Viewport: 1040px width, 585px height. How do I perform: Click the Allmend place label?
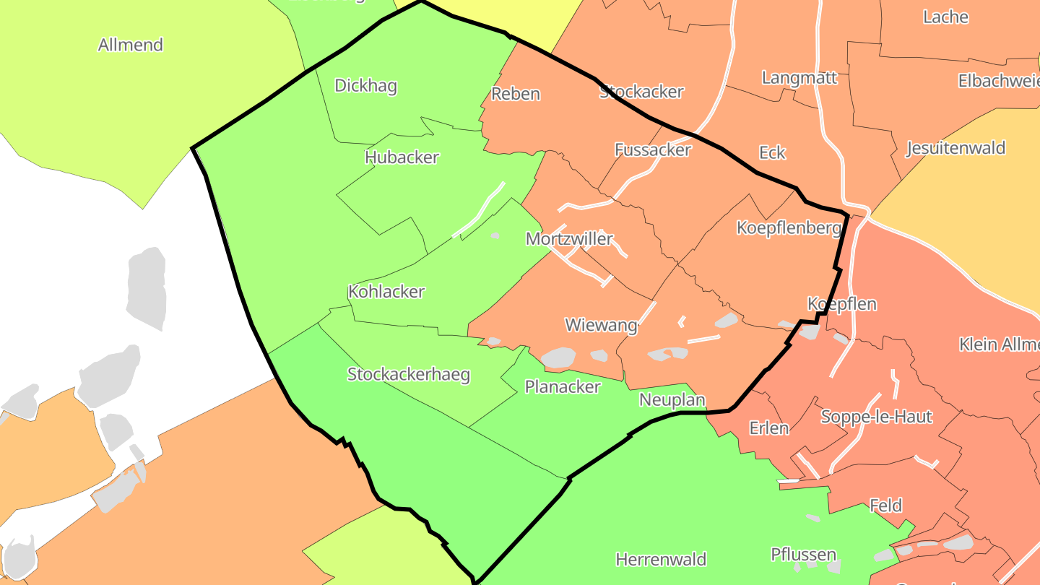pyautogui.click(x=131, y=45)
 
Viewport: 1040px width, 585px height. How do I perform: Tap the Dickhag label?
pyautogui.click(x=365, y=86)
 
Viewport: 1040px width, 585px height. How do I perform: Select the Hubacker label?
pyautogui.click(x=402, y=157)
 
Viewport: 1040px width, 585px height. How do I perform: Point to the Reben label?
pyautogui.click(x=516, y=94)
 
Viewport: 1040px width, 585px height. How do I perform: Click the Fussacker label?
pyautogui.click(x=653, y=150)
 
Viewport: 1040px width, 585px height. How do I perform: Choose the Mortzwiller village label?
pyautogui.click(x=569, y=239)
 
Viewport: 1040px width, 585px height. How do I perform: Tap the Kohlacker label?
pyautogui.click(x=386, y=292)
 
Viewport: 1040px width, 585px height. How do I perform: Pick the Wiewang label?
pyautogui.click(x=601, y=325)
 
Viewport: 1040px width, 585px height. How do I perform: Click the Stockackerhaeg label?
pyautogui.click(x=409, y=375)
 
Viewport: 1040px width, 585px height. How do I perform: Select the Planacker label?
pyautogui.click(x=563, y=387)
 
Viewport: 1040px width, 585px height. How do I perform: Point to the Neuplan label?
pyautogui.click(x=672, y=400)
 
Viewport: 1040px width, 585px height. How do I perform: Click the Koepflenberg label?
pyautogui.click(x=789, y=228)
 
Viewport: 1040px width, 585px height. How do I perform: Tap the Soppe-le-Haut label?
pyautogui.click(x=876, y=417)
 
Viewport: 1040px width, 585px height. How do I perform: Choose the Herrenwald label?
pyautogui.click(x=661, y=560)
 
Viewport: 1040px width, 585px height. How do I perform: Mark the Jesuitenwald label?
pyautogui.click(x=955, y=149)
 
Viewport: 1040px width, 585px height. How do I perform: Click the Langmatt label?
pyautogui.click(x=799, y=78)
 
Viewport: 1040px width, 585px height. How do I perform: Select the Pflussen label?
pyautogui.click(x=803, y=555)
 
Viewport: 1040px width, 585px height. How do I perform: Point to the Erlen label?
pyautogui.click(x=769, y=428)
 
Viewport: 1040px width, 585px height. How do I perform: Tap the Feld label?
pyautogui.click(x=886, y=506)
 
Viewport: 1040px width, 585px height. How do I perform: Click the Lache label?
pyautogui.click(x=945, y=17)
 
